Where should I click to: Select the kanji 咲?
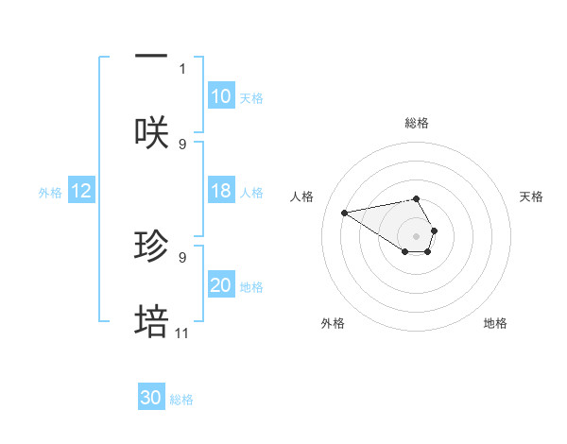[151, 132]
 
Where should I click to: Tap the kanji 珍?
[151, 246]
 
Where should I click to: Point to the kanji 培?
[151, 321]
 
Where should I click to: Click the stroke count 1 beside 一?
[182, 69]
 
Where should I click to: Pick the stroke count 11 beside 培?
[182, 333]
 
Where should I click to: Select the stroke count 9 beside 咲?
[182, 145]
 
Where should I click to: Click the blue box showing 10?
[220, 96]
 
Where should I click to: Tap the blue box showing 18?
[220, 191]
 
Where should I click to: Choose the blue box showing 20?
[220, 285]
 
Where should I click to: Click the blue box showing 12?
[81, 191]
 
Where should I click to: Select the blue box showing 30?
[151, 398]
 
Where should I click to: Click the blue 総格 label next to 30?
[181, 400]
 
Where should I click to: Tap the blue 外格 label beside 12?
[50, 193]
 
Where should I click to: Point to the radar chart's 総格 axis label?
[417, 123]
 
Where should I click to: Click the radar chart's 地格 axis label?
[495, 324]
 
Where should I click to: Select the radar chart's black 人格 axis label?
[302, 197]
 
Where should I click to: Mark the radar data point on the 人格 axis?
[344, 212]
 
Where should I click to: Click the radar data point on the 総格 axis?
[417, 198]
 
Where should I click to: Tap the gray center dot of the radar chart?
[417, 235]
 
